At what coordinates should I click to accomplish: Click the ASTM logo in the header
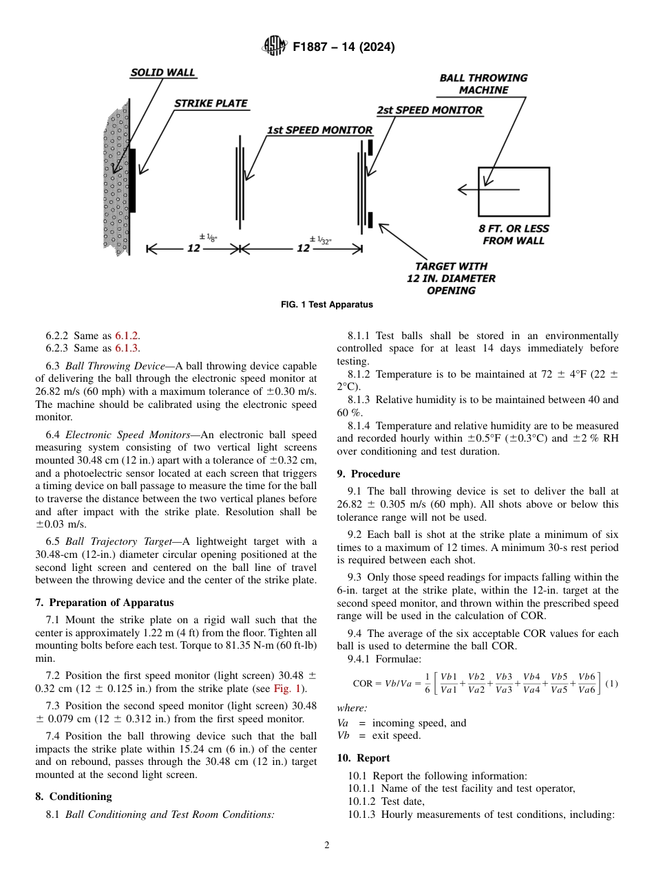click(275, 47)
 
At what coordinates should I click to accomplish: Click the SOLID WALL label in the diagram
click(163, 72)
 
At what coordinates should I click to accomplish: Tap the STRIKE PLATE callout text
click(210, 103)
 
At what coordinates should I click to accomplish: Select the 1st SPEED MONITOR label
click(319, 130)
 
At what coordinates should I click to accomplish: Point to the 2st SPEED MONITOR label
click(429, 110)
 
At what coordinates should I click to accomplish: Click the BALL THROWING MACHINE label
click(483, 84)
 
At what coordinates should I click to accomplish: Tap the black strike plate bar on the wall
click(133, 180)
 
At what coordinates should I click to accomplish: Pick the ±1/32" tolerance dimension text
click(321, 240)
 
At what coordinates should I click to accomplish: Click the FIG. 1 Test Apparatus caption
click(327, 304)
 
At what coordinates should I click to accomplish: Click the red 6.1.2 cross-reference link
click(127, 336)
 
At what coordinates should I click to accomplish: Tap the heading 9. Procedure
click(368, 474)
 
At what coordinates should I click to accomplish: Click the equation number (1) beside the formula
click(611, 683)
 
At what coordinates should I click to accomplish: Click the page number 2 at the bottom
click(327, 845)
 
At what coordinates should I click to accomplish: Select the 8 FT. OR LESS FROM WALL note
click(514, 235)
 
